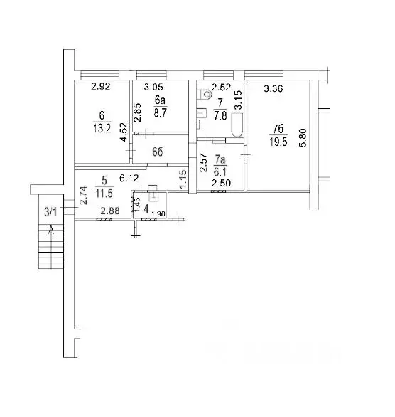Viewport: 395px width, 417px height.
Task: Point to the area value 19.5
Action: click(279, 141)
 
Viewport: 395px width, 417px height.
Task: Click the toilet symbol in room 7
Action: click(205, 93)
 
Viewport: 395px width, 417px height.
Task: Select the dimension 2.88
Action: click(109, 211)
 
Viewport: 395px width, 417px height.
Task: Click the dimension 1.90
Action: click(158, 214)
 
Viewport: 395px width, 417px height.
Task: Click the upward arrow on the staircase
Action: click(51, 228)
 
